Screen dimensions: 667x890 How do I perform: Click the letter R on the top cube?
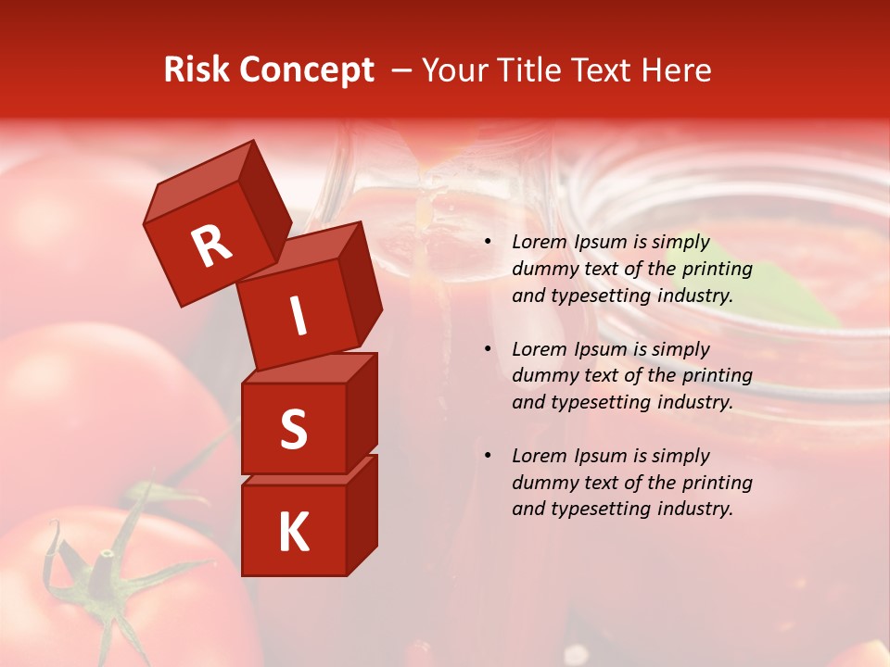(211, 245)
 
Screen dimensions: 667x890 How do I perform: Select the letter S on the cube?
(293, 429)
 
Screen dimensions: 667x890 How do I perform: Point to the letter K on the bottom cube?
(293, 533)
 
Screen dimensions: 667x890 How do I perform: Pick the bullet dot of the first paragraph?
(488, 243)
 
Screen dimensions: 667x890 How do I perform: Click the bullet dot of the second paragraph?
(488, 349)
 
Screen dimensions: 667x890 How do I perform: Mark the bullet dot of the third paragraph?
(488, 456)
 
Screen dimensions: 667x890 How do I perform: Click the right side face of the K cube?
(362, 514)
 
